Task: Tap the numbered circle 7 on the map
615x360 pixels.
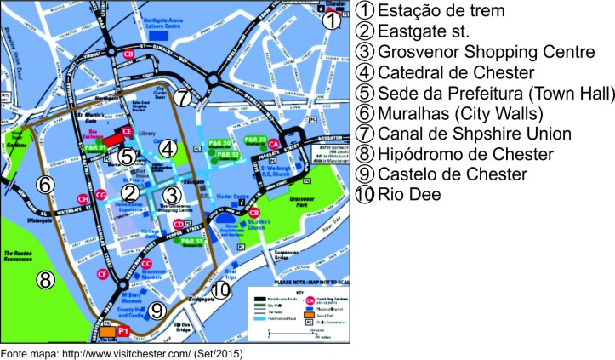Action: coord(185,96)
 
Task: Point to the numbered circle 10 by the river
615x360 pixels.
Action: coord(220,290)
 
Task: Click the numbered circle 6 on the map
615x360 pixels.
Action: coord(46,184)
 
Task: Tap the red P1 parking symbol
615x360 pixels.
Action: coord(121,329)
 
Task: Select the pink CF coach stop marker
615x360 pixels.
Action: coord(102,274)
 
